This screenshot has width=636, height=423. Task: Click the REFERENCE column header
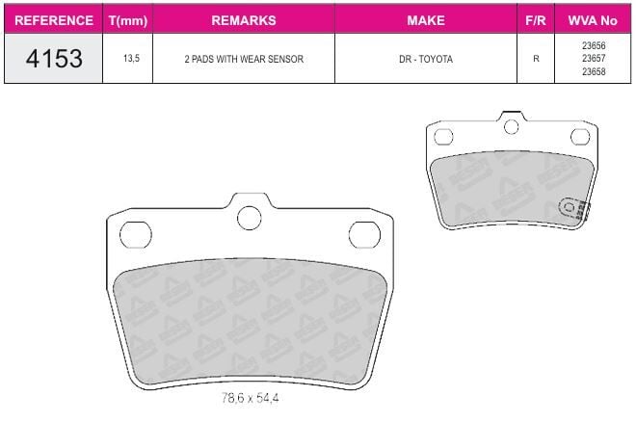54,20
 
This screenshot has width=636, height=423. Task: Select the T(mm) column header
128,20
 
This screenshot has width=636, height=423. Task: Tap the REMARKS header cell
244,20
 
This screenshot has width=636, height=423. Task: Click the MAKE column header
426,20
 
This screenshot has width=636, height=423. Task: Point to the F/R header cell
536,20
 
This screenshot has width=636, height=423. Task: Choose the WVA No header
593,20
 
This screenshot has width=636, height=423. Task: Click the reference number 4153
54,59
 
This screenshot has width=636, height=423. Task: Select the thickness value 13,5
131,59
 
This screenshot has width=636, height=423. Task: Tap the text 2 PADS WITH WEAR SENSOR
244,59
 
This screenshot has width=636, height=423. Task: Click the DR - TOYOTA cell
426,59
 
